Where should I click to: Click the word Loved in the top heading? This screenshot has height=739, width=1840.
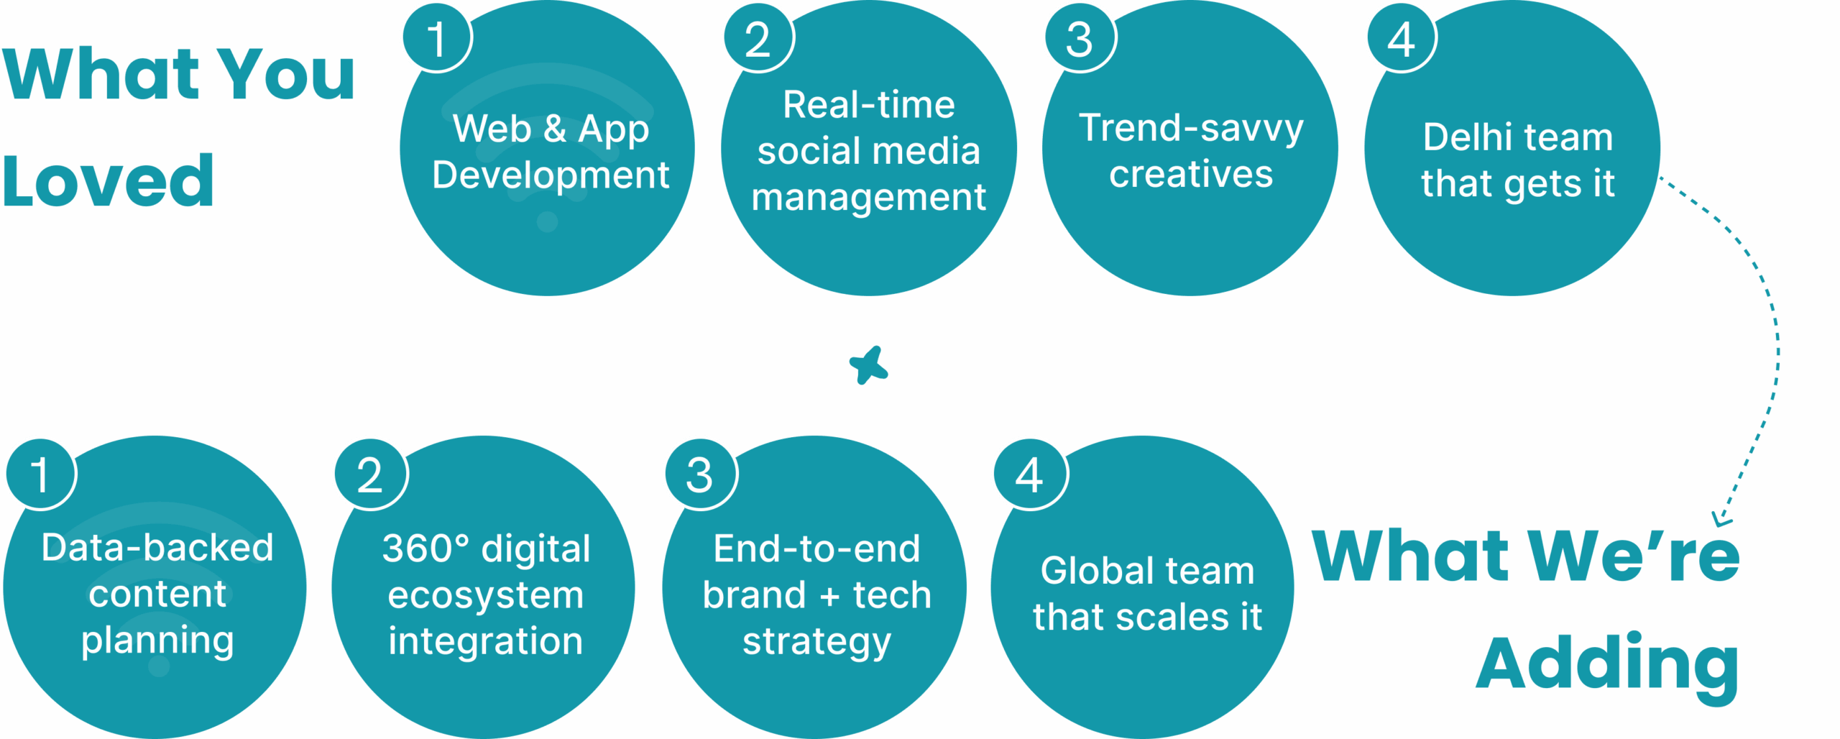click(108, 181)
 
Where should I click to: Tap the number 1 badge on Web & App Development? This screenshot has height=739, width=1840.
click(437, 37)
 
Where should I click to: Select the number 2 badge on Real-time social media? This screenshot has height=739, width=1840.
click(758, 37)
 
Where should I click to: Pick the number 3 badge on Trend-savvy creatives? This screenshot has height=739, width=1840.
click(1080, 37)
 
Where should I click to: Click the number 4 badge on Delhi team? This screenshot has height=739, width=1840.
click(1402, 37)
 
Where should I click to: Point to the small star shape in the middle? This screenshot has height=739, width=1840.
click(869, 365)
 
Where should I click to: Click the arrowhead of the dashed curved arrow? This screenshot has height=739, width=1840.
click(1721, 519)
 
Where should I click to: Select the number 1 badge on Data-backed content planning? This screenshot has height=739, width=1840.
click(41, 474)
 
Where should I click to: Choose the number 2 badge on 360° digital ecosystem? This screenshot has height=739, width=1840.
click(371, 474)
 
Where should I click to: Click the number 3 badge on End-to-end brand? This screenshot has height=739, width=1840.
click(701, 474)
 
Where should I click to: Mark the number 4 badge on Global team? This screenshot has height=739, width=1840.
click(1030, 474)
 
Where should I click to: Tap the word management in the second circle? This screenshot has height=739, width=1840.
click(869, 198)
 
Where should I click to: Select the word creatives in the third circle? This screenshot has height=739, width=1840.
click(1191, 174)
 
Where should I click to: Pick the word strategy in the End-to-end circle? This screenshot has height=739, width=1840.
click(816, 642)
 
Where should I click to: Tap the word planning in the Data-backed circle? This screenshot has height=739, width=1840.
click(157, 641)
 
